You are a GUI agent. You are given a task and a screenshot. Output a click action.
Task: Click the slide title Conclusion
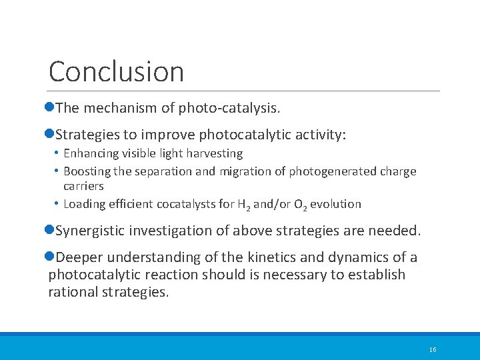point(116,71)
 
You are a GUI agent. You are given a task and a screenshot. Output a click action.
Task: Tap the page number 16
point(433,350)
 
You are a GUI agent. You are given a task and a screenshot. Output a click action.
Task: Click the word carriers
point(83,186)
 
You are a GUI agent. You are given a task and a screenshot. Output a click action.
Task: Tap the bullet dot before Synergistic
point(51,231)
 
